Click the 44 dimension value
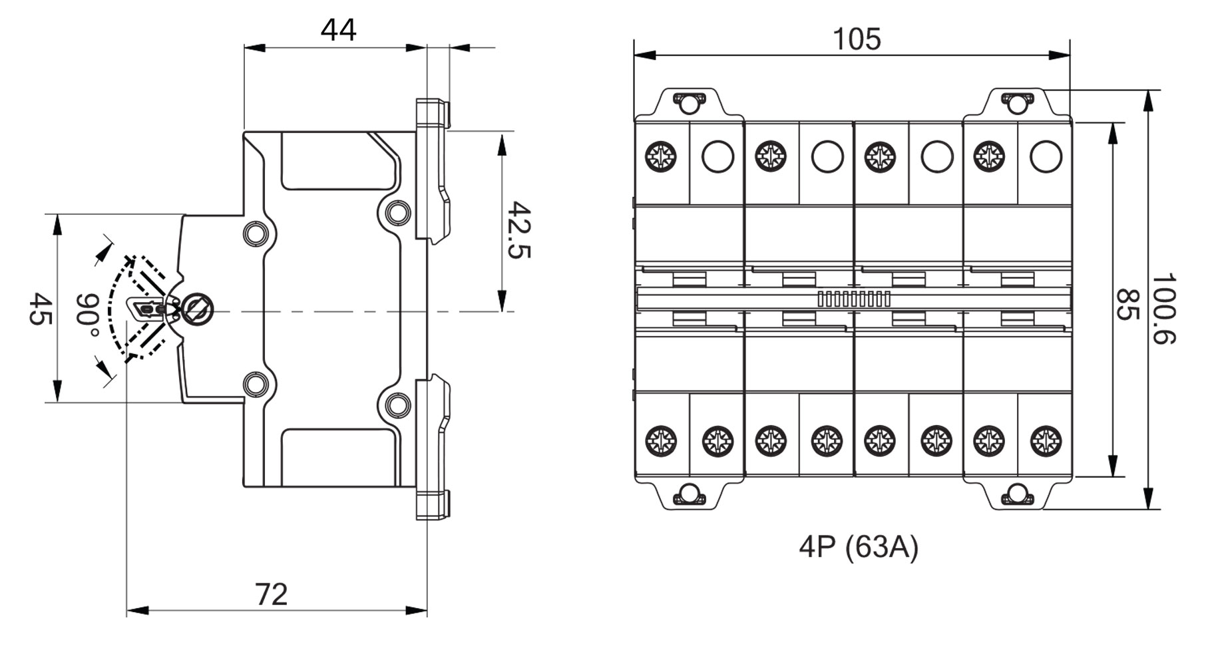pyautogui.click(x=338, y=31)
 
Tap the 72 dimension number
pyautogui.click(x=272, y=594)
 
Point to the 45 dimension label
pyautogui.click(x=40, y=309)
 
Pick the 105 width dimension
pyautogui.click(x=857, y=39)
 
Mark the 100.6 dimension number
pyautogui.click(x=1164, y=307)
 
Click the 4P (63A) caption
pyautogui.click(x=858, y=547)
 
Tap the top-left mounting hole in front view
pyautogui.click(x=688, y=103)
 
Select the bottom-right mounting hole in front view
pyautogui.click(x=1016, y=494)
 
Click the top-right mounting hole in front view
pyautogui.click(x=1016, y=103)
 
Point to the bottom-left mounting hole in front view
pyautogui.click(x=688, y=494)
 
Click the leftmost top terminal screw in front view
pyautogui.click(x=661, y=157)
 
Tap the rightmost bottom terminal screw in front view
pyautogui.click(x=1046, y=441)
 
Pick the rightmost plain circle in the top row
pyautogui.click(x=1046, y=157)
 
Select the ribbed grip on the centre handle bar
pyautogui.click(x=853, y=299)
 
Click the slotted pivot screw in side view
pyautogui.click(x=198, y=309)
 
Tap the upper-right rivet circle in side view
pyautogui.click(x=397, y=212)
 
